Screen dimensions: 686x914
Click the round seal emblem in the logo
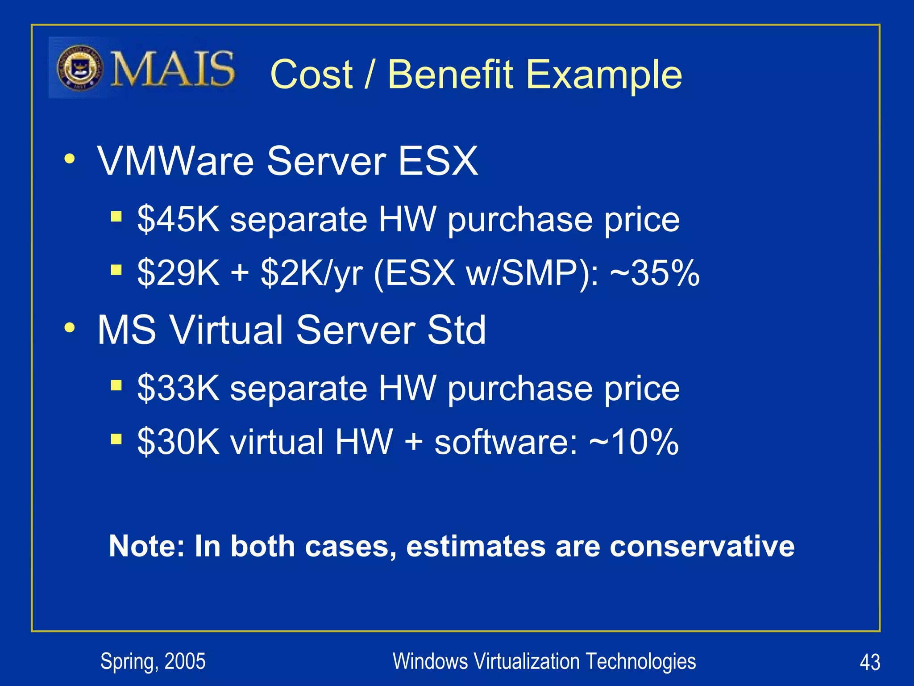80,68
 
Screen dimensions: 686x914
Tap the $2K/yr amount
312,273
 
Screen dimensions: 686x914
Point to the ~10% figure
634,441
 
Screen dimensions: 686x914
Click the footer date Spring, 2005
153,661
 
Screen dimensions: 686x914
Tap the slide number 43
869,662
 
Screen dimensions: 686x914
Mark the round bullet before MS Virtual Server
70,328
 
